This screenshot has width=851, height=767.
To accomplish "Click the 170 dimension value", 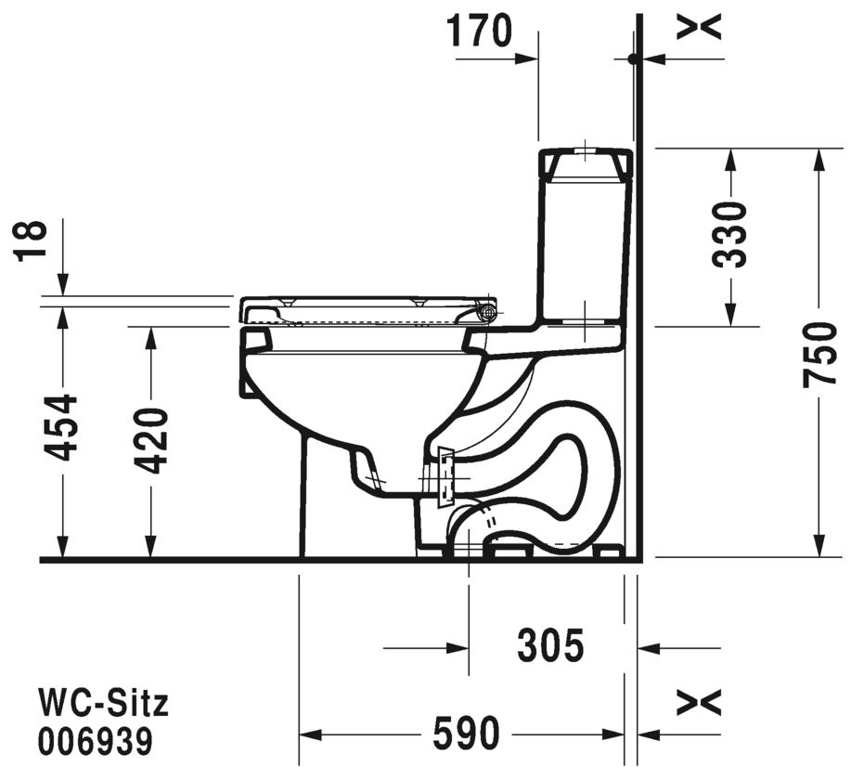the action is (479, 31).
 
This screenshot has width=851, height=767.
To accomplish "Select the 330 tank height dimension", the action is (729, 235).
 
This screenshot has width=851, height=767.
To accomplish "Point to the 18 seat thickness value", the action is (30, 241).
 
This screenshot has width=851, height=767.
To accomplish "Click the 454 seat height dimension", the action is (59, 428).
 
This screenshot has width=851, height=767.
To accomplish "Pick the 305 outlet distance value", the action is (550, 645).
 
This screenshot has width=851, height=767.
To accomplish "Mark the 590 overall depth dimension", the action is (466, 734).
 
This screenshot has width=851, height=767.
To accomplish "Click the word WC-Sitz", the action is (103, 703).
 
